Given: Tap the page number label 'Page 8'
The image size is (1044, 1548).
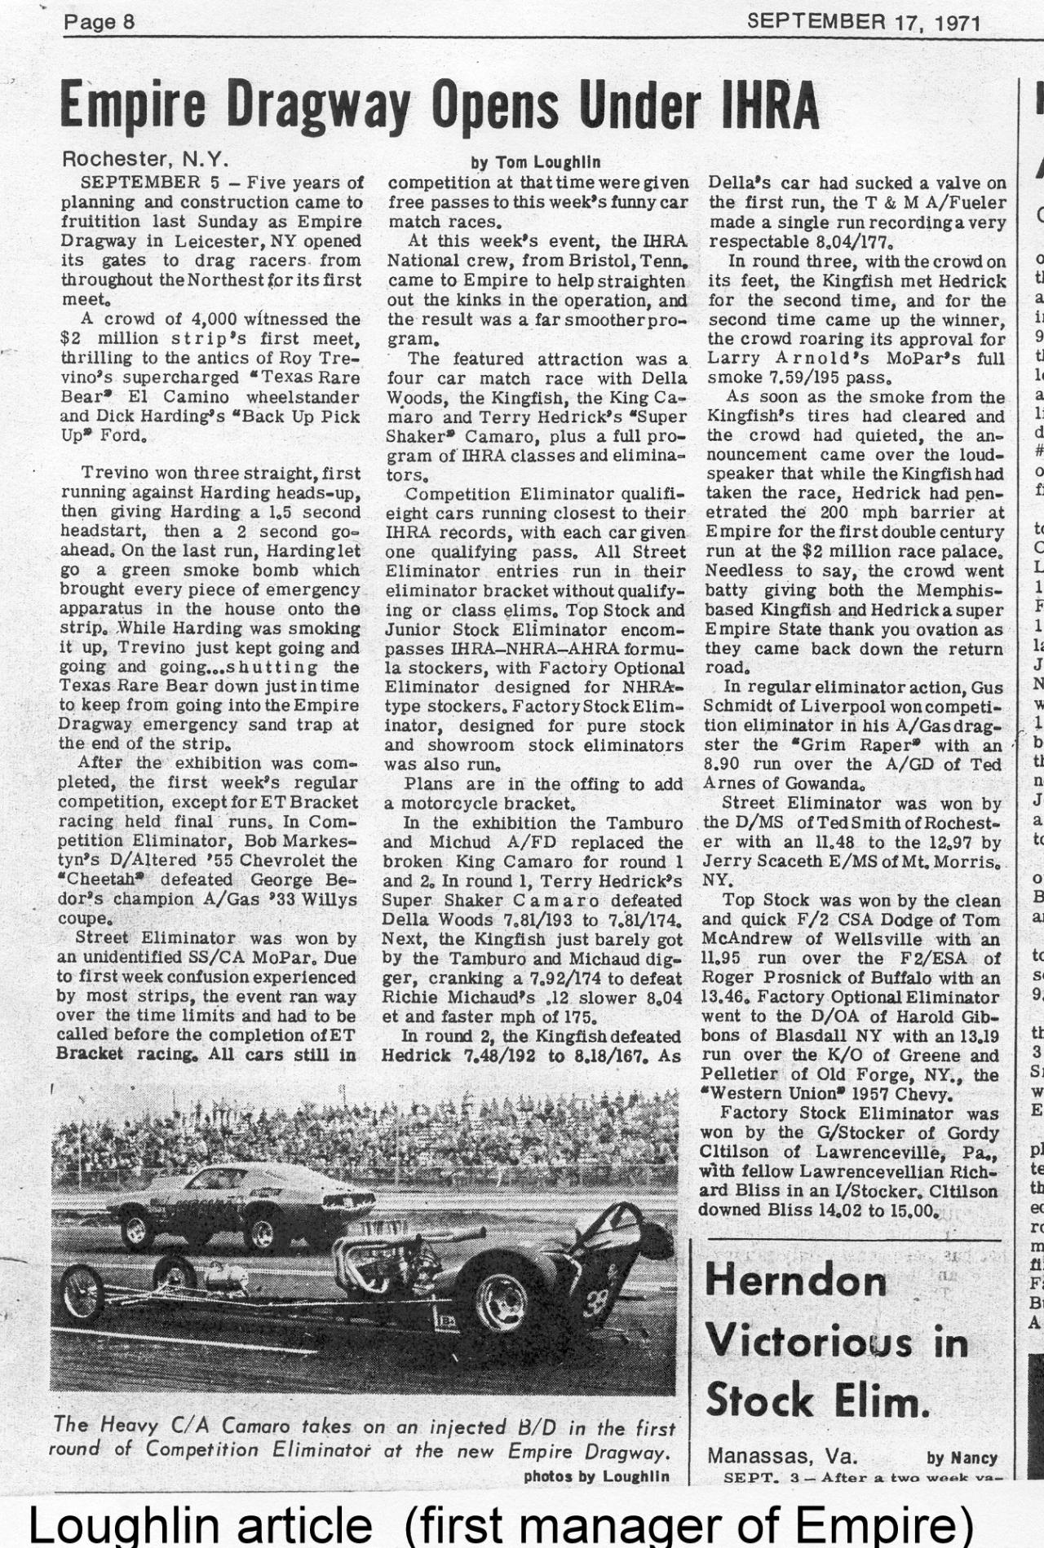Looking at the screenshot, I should pos(100,21).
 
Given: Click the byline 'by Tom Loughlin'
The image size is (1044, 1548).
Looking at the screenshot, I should pos(536,162).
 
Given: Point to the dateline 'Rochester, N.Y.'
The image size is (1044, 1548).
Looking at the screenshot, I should pos(145,157).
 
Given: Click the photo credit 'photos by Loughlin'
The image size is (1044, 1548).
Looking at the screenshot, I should pos(596,1476).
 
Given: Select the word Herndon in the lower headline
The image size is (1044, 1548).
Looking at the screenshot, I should pos(796,1280).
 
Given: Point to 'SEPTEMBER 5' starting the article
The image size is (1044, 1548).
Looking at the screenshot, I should pos(152,182).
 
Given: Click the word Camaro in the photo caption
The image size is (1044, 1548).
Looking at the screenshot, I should pos(262,1427).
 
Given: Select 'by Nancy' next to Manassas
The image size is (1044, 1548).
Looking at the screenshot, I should pos(962,1457).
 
